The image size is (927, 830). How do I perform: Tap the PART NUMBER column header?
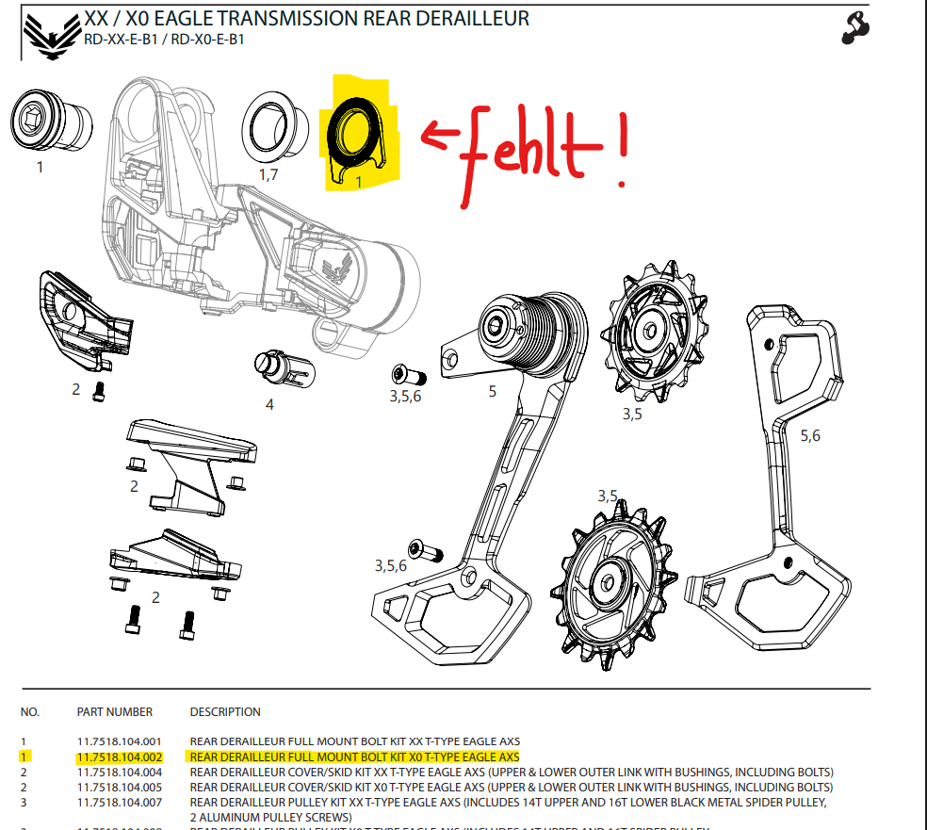pyautogui.click(x=114, y=711)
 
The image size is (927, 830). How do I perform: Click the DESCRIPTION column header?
pyautogui.click(x=225, y=711)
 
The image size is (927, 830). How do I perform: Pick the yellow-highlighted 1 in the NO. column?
pyautogui.click(x=24, y=757)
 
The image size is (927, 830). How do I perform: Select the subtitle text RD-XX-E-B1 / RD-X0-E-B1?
pyautogui.click(x=166, y=40)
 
